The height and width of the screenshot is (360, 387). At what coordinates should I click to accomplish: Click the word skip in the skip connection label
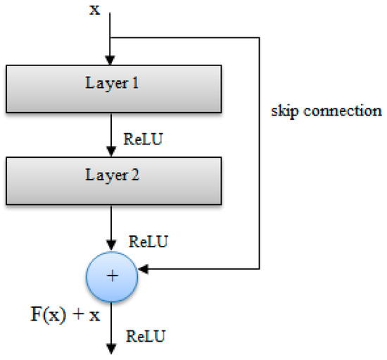click(284, 111)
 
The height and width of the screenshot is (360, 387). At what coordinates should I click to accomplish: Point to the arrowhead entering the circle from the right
click(143, 268)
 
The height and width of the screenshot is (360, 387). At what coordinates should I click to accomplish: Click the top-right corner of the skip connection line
click(261, 37)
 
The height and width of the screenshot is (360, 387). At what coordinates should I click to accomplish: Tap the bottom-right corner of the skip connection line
click(261, 268)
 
